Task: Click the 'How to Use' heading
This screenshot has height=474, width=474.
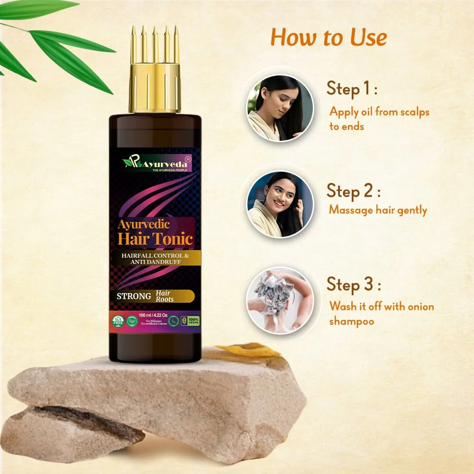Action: pyautogui.click(x=328, y=37)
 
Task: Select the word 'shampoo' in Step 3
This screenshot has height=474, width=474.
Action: pyautogui.click(x=352, y=321)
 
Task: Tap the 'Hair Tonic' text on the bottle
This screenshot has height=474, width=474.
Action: pyautogui.click(x=155, y=238)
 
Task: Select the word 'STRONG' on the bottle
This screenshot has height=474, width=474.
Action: pyautogui.click(x=134, y=297)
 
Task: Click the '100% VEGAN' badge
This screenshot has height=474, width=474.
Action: pyautogui.click(x=194, y=321)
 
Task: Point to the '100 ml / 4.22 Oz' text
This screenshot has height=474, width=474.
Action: pyautogui.click(x=155, y=314)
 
